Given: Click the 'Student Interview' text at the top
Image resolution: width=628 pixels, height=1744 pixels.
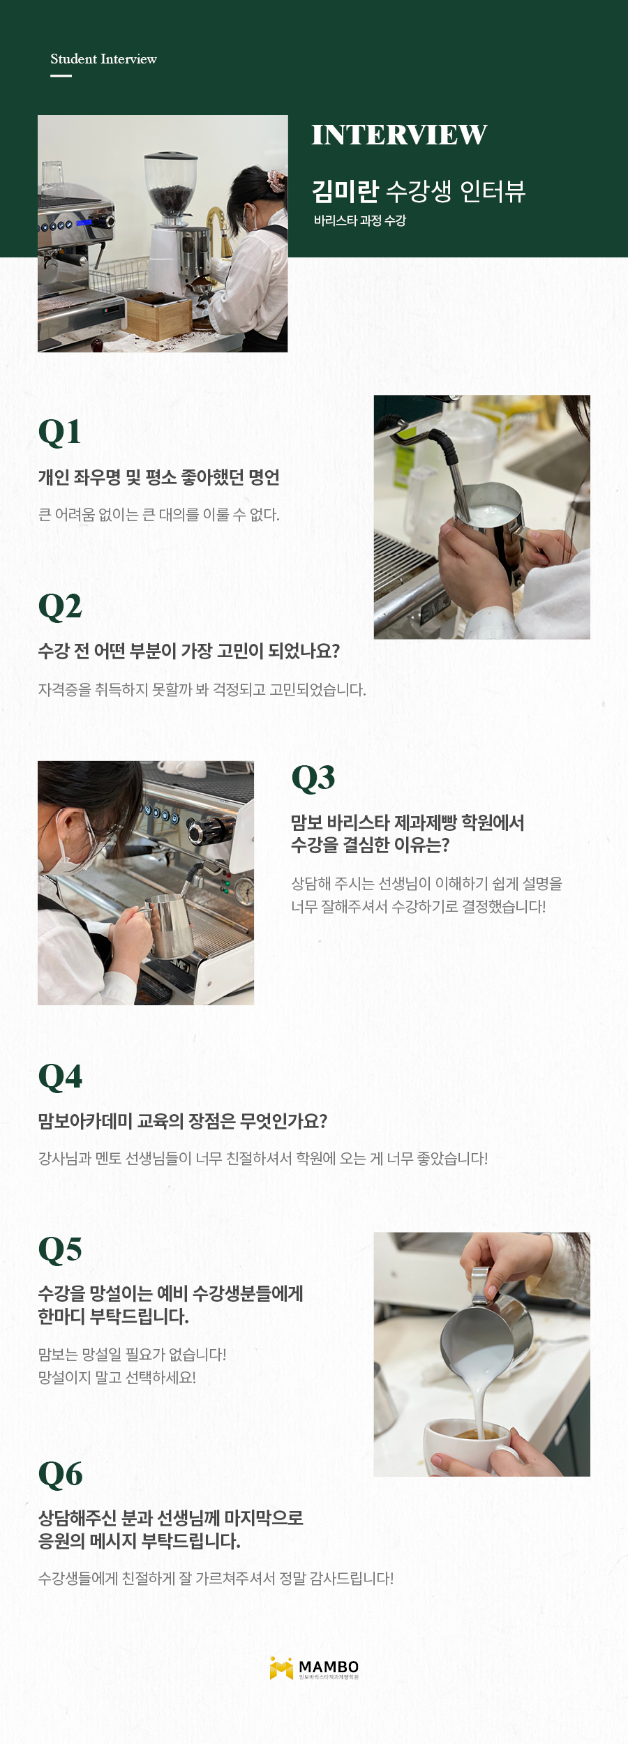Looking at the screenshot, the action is click(103, 59).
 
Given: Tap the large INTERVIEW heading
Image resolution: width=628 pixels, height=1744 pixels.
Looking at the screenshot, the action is click(399, 135).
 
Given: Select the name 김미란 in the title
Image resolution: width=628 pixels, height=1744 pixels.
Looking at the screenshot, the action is click(345, 190).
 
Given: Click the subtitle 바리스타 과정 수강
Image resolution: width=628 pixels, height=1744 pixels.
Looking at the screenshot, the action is click(359, 220).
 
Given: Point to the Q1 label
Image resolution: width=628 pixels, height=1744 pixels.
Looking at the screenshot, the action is click(59, 432).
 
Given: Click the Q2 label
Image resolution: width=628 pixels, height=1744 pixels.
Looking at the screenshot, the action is click(60, 606).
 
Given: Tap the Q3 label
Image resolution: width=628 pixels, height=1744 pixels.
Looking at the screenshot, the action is click(313, 778).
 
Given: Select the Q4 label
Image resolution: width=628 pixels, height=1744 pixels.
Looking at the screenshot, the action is click(60, 1076).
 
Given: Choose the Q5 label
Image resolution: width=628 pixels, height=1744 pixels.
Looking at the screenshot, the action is click(60, 1249).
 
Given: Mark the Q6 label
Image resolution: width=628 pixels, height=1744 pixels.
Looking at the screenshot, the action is click(60, 1474).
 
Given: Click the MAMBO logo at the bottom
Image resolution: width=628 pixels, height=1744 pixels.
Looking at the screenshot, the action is click(314, 1669).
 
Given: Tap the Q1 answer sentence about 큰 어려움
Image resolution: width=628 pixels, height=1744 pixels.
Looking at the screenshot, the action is click(158, 515).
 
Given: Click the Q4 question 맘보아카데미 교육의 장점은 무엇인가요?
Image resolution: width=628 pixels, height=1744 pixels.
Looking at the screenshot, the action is click(182, 1121).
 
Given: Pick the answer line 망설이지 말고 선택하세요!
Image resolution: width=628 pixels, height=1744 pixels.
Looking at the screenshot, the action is click(117, 1377).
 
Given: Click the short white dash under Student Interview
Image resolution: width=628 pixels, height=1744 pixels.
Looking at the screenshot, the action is click(61, 75).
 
